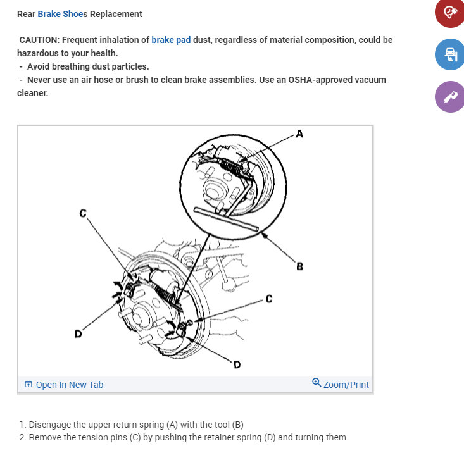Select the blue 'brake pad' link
[x=171, y=40]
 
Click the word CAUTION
[x=39, y=40]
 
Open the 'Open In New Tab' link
[x=69, y=385]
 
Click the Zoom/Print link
[x=346, y=385]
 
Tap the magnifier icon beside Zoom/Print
[x=317, y=383]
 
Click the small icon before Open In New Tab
[x=28, y=385]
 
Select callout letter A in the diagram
[x=299, y=134]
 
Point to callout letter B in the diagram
[x=299, y=266]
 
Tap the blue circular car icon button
[x=450, y=54]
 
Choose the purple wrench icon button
[x=450, y=97]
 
